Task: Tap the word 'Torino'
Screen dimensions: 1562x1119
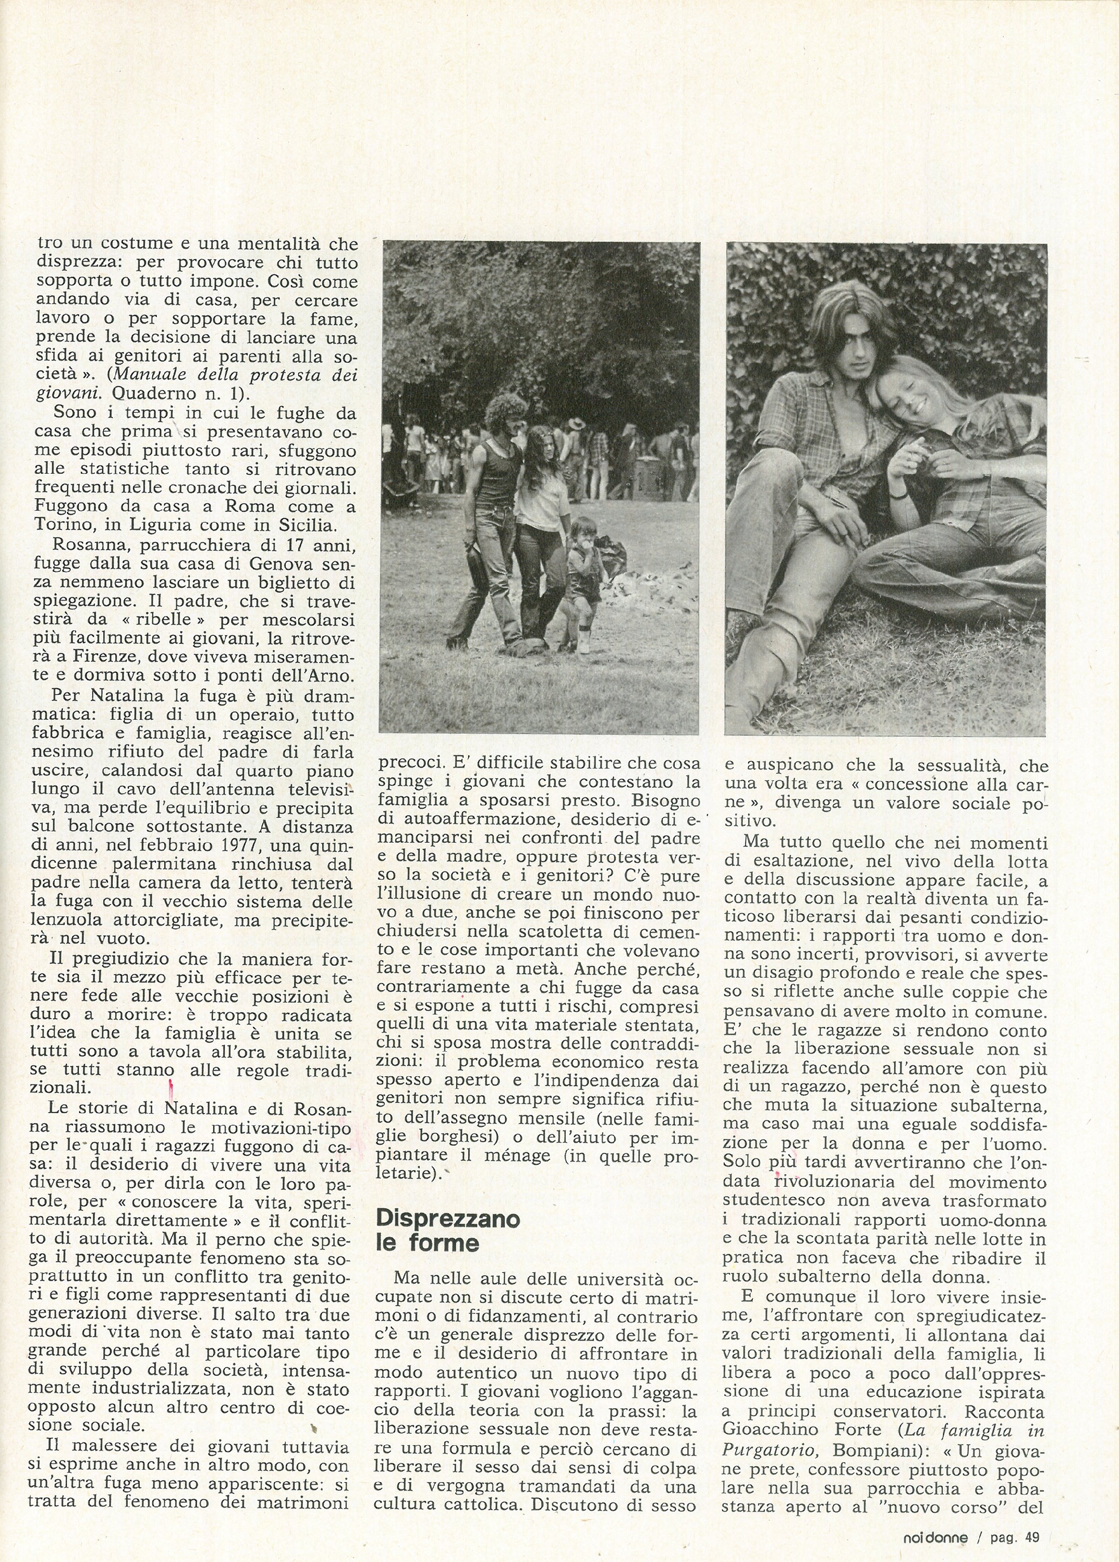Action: (x=68, y=525)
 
